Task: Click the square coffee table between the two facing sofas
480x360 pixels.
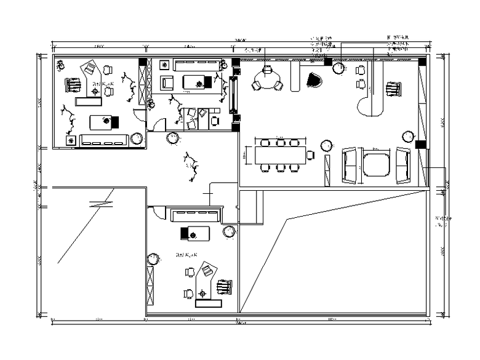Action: coord(375,164)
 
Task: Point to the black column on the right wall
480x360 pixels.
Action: coord(421,145)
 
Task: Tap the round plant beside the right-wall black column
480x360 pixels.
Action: coord(407,135)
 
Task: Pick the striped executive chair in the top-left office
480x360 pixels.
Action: coord(73,84)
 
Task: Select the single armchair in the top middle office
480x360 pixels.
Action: coord(167,82)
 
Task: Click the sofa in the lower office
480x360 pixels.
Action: coord(196,215)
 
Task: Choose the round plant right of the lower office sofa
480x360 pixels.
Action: coord(230,231)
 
